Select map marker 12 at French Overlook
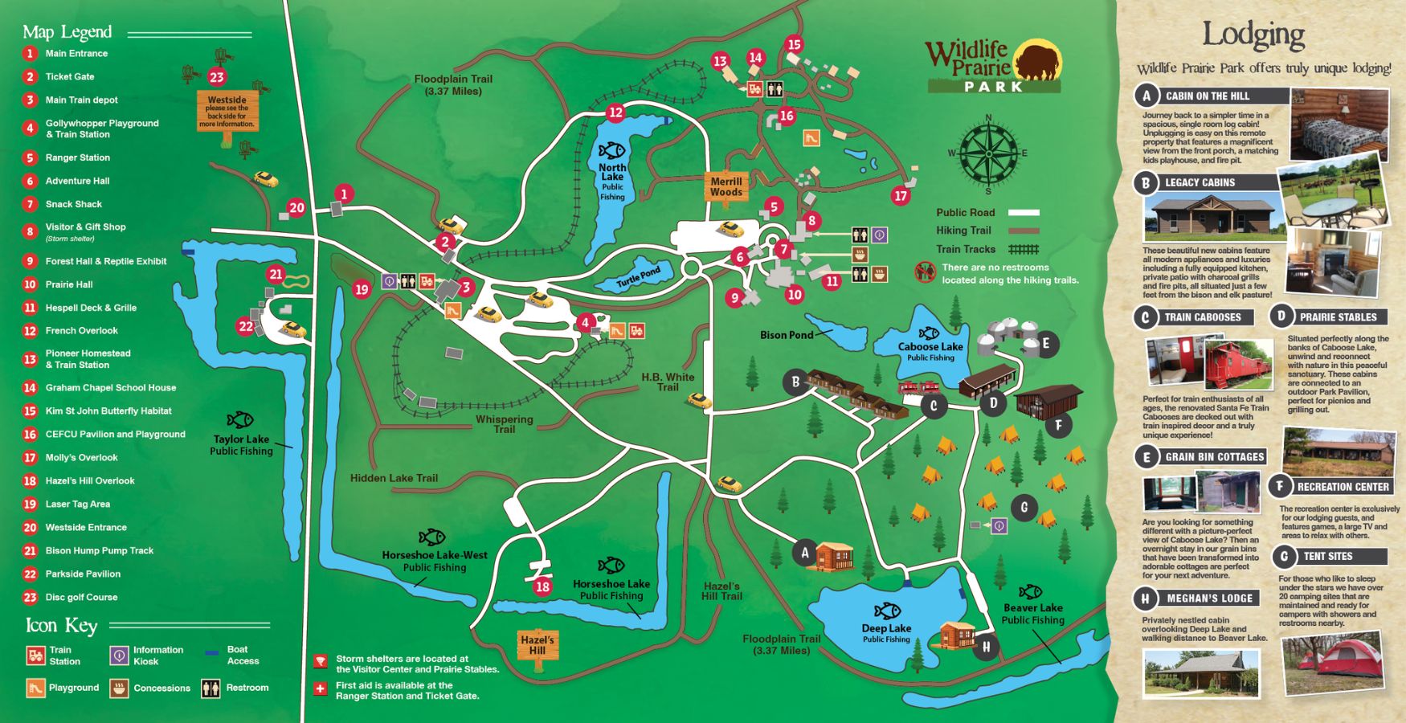tap(615, 112)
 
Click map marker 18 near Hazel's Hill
tap(542, 586)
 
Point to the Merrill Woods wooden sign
tap(726, 187)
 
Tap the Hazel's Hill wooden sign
tap(537, 645)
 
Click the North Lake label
tap(612, 172)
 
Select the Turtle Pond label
tap(639, 277)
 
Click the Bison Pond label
tap(787, 335)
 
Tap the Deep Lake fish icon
tap(887, 611)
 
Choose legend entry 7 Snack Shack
tap(73, 204)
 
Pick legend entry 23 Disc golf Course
tap(80, 597)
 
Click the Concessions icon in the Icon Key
tap(119, 688)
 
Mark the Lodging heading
tap(1253, 35)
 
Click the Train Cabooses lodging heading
tap(1203, 317)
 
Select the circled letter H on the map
tap(986, 646)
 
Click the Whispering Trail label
tap(504, 424)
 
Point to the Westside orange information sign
tap(227, 112)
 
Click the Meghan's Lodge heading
tap(1209, 598)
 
